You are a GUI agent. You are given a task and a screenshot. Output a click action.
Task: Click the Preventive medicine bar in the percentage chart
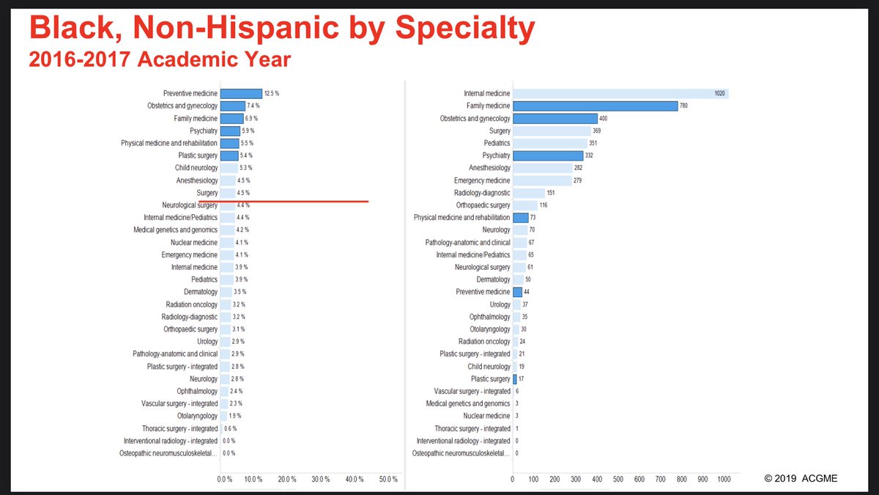click(x=241, y=94)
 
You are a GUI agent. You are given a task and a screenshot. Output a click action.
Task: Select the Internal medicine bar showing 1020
click(x=620, y=94)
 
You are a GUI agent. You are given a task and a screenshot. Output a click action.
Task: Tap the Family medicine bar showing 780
click(x=595, y=106)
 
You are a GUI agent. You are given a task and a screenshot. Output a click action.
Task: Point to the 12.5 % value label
click(x=271, y=94)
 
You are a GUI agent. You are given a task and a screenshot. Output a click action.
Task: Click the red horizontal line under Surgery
click(x=283, y=201)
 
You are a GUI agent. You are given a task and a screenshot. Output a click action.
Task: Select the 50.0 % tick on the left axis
click(x=388, y=479)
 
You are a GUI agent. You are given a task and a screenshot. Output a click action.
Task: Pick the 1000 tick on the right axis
click(x=724, y=479)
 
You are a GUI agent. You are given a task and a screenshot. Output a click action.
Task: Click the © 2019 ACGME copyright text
click(x=801, y=479)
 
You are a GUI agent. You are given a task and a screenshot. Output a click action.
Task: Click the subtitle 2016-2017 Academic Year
click(x=160, y=59)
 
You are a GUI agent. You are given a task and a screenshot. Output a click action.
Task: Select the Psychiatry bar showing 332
click(x=548, y=155)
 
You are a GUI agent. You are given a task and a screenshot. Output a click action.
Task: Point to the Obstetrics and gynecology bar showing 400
click(x=555, y=119)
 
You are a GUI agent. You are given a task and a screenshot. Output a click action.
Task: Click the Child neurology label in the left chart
click(x=196, y=168)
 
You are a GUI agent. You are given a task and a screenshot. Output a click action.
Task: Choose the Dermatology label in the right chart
click(x=493, y=279)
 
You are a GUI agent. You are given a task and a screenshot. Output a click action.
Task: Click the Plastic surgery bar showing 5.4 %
click(x=229, y=155)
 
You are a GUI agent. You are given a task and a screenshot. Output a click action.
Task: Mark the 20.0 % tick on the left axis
click(x=286, y=479)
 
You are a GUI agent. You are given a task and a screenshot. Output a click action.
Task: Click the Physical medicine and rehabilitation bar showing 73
click(x=520, y=218)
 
